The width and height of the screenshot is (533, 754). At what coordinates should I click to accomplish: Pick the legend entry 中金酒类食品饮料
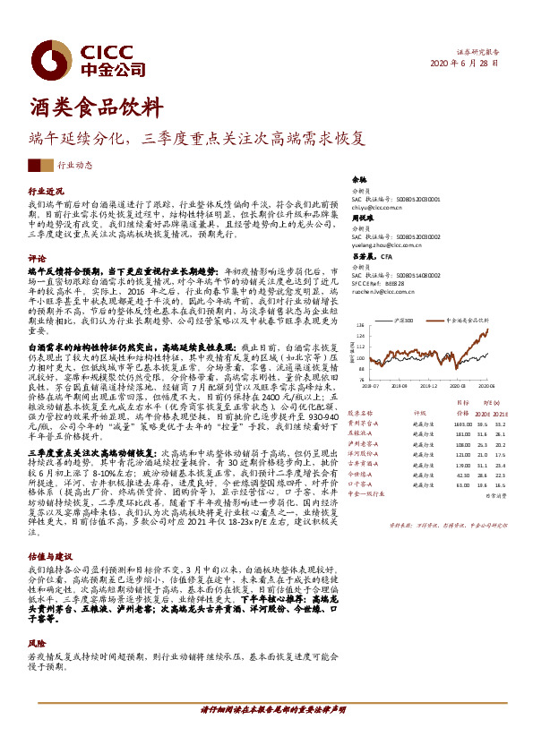(461, 318)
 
